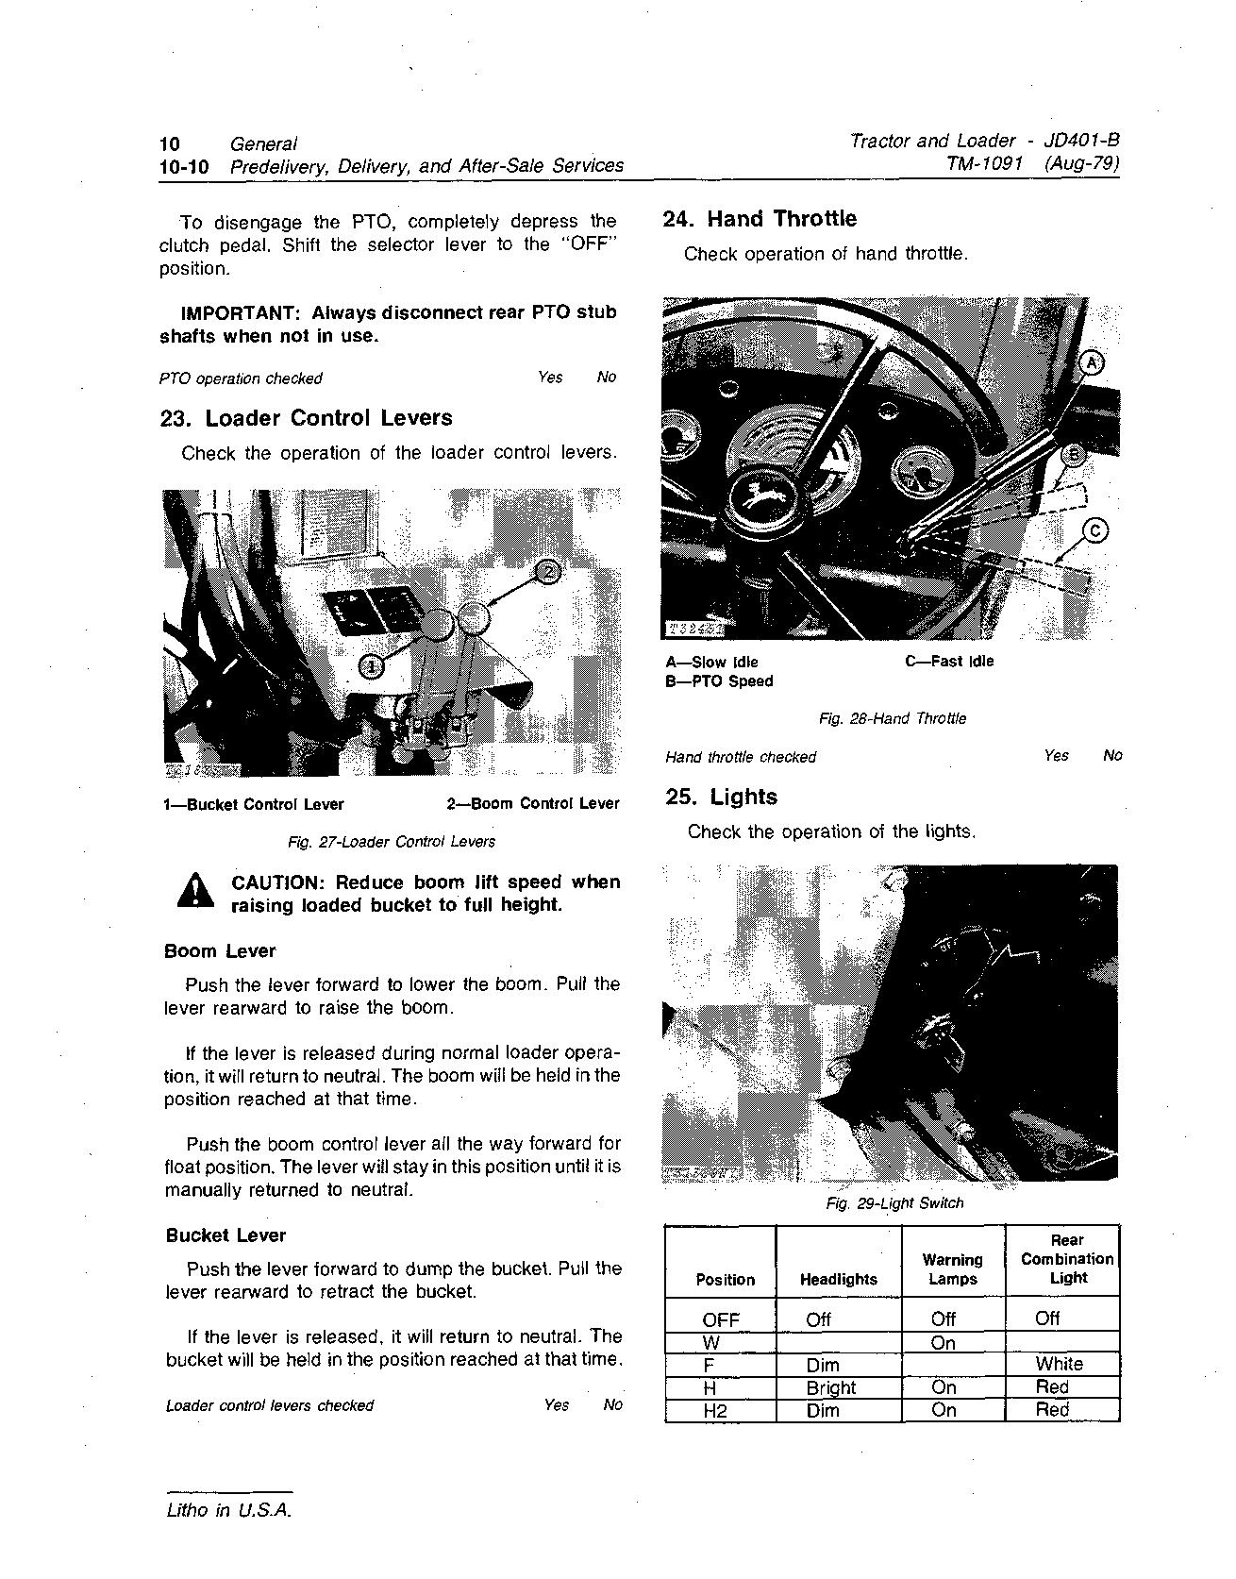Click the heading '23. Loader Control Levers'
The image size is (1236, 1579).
click(x=306, y=418)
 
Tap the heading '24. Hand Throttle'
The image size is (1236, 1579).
click(x=760, y=219)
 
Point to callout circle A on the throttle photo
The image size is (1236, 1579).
click(x=1092, y=362)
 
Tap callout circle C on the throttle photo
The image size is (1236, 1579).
click(x=1094, y=530)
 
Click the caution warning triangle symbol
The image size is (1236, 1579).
click(x=195, y=891)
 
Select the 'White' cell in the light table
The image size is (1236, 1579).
click(x=1059, y=1364)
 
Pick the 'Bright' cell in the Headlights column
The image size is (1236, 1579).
click(x=830, y=1387)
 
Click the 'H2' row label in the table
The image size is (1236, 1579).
click(x=716, y=1411)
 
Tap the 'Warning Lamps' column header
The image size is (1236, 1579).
click(x=952, y=1269)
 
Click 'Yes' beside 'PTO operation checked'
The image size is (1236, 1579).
click(x=550, y=378)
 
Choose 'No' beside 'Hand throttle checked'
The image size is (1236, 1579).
click(x=1112, y=755)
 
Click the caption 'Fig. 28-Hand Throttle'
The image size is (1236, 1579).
click(x=893, y=718)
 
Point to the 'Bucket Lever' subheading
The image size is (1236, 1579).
click(x=225, y=1235)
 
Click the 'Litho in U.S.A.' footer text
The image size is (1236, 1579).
click(x=228, y=1510)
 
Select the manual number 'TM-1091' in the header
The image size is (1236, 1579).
click(x=985, y=164)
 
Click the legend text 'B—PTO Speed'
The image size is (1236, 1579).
click(x=719, y=681)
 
